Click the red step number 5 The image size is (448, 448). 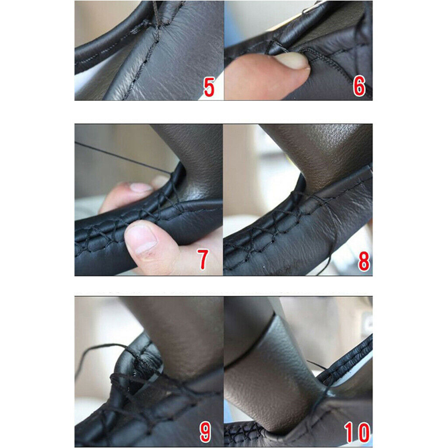coord(209,87)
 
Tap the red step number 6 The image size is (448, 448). coord(359,86)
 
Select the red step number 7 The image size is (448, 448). coord(203,259)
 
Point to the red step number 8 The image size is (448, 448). coord(364,261)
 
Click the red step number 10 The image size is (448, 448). coord(357,433)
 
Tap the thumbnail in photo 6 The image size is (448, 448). coord(292,60)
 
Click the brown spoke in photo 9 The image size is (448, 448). coord(183,337)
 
